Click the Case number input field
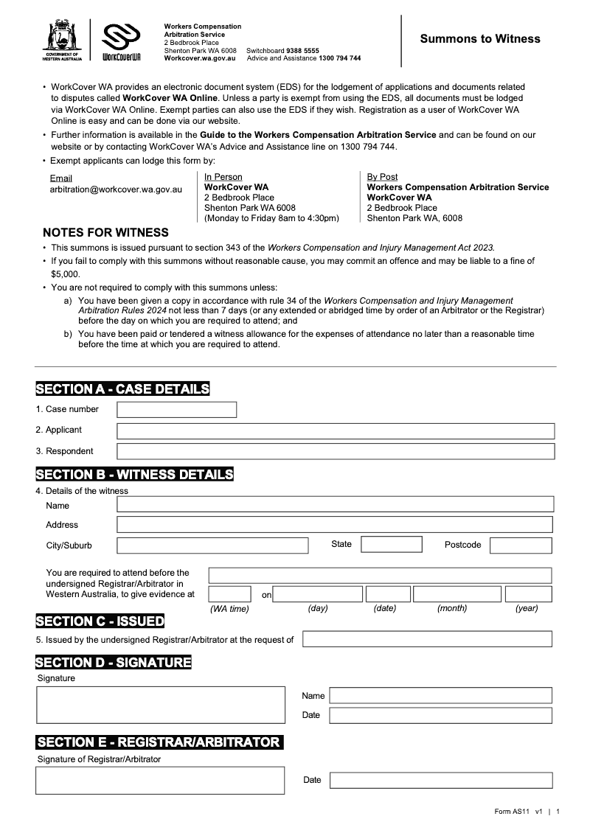tap(177, 409)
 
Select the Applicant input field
tap(336, 431)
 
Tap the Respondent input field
tap(336, 451)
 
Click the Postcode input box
tap(521, 546)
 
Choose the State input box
tap(392, 545)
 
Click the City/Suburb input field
tap(212, 546)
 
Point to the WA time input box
tap(230, 594)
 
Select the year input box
tap(528, 594)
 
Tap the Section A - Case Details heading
tap(122, 389)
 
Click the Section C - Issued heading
tap(100, 621)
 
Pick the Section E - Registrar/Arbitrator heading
tap(159, 742)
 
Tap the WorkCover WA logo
tap(120, 41)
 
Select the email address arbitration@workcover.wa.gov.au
tap(116, 189)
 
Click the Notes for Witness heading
tap(105, 233)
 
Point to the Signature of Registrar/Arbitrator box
tap(160, 780)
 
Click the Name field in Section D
tap(440, 695)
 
